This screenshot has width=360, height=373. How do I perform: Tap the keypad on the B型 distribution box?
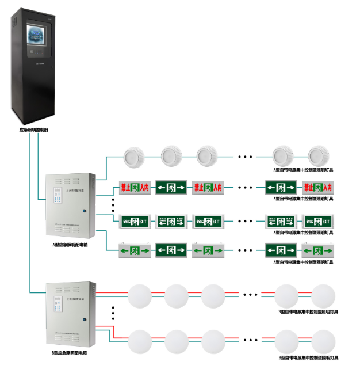click(57, 305)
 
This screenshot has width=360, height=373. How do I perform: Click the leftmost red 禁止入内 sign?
click(135, 188)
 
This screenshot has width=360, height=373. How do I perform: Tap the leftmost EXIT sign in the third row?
click(135, 221)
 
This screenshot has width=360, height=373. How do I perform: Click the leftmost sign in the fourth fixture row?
click(135, 250)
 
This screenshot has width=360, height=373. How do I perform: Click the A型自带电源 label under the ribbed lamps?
click(303, 170)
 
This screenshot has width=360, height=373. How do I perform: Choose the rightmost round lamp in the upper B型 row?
click(323, 295)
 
